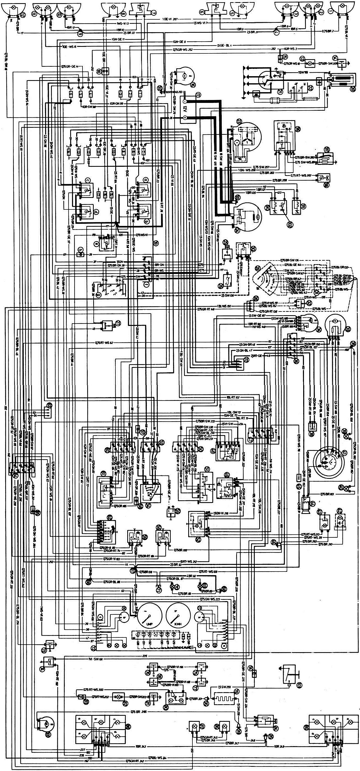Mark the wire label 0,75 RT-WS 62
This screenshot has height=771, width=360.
pos(105,343)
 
